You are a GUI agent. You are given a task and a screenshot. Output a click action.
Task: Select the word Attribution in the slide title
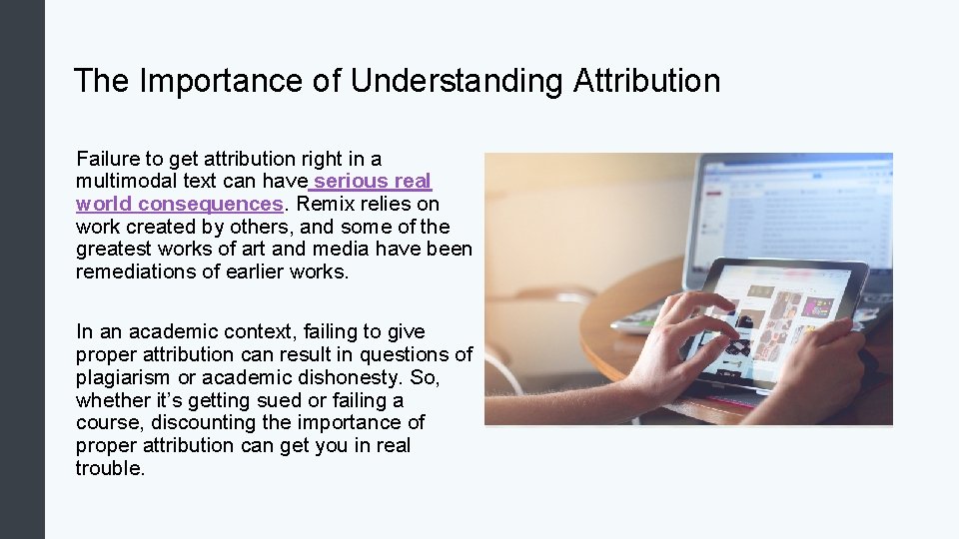[646, 81]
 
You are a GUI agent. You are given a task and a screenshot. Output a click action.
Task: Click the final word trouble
[110, 468]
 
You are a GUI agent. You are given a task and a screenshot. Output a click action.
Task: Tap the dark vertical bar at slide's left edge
[22, 269]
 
